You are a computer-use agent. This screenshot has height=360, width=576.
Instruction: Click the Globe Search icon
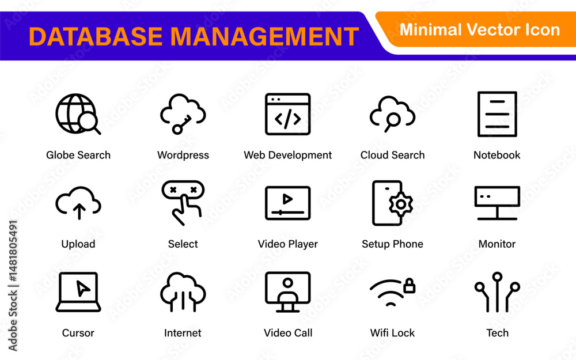tap(75, 113)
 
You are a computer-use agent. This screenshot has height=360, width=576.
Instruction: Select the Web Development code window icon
tap(287, 114)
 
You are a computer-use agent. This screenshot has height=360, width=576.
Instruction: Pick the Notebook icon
tap(497, 114)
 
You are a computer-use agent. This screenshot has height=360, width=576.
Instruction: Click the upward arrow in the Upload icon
tap(78, 211)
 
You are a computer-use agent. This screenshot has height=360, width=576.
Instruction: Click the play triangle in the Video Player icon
tap(287, 199)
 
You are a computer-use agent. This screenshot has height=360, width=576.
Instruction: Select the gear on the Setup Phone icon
tap(401, 204)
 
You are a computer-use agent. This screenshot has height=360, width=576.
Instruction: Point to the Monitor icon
tap(497, 203)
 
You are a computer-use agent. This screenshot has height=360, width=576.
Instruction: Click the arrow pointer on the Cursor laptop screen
tap(82, 288)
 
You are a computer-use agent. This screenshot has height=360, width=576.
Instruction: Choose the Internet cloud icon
tap(183, 292)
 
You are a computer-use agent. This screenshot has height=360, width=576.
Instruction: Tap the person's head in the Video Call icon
tap(288, 282)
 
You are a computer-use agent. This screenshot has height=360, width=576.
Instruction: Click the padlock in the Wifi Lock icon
tap(409, 286)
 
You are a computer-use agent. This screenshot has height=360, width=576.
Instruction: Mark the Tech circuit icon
tap(497, 292)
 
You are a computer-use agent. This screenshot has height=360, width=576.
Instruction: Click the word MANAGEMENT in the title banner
tap(264, 36)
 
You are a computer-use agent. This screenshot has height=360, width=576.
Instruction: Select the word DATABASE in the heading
tap(96, 36)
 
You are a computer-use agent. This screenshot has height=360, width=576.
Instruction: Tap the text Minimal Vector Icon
tap(479, 30)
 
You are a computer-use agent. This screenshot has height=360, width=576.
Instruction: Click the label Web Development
tap(287, 155)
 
